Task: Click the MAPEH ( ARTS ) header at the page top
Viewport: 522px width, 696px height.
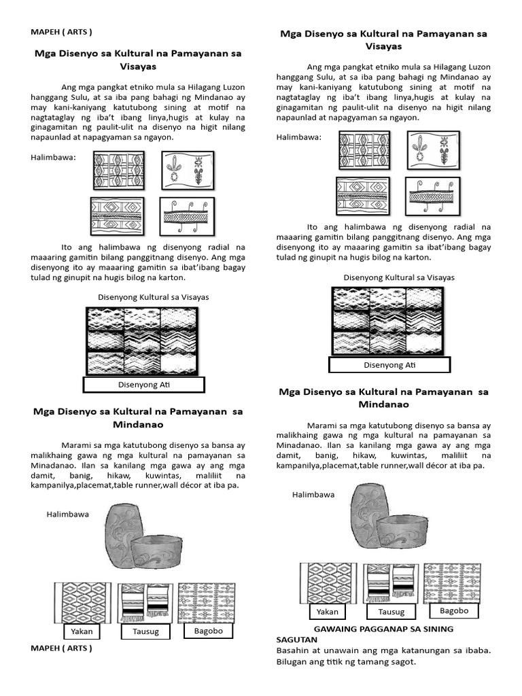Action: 61,32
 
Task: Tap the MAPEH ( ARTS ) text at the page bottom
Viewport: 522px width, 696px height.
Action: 61,648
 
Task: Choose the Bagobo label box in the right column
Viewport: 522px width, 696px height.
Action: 455,610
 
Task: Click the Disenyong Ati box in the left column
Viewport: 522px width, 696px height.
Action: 143,385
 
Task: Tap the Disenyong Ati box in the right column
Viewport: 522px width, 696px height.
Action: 389,365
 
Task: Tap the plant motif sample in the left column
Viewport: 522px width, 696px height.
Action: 188,170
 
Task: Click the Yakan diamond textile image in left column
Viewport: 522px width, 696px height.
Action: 82,602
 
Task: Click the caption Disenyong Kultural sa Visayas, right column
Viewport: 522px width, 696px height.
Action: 399,277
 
